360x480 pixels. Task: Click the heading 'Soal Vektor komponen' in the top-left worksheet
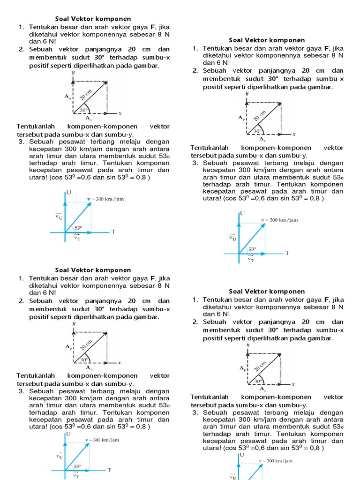click(x=93, y=19)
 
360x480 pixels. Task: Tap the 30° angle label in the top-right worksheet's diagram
click(x=258, y=131)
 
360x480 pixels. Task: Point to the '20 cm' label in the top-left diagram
click(x=86, y=94)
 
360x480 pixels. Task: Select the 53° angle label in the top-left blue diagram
click(x=78, y=228)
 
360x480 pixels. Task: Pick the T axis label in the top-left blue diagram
click(x=113, y=232)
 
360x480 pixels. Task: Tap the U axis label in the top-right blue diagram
click(x=242, y=213)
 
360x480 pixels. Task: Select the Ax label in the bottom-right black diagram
click(x=262, y=389)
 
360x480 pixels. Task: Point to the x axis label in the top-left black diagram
click(x=120, y=113)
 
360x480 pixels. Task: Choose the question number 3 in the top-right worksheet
click(x=195, y=163)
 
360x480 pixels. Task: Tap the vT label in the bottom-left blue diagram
click(x=76, y=475)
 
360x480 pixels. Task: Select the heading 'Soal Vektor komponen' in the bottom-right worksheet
click(x=267, y=292)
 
